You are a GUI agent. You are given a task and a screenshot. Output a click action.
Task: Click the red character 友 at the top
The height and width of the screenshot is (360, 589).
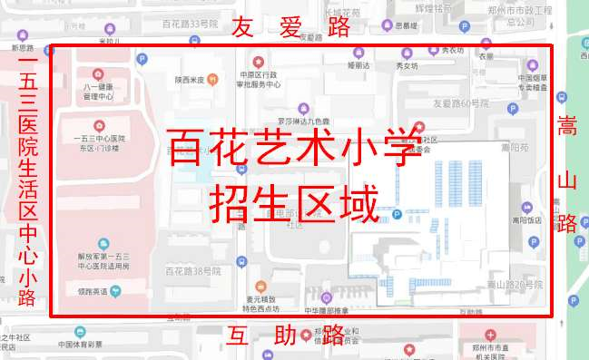pyautogui.click(x=243, y=27)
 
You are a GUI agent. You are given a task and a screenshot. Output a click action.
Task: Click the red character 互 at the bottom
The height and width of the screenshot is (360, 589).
pyautogui.click(x=241, y=336)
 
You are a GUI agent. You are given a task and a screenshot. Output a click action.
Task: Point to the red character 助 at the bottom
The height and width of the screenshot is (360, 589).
pyautogui.click(x=285, y=336)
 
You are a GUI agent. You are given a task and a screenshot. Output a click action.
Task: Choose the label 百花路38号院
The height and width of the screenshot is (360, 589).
pyautogui.click(x=191, y=271)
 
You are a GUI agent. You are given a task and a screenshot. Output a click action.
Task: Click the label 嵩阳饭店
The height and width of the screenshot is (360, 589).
pyautogui.click(x=527, y=219)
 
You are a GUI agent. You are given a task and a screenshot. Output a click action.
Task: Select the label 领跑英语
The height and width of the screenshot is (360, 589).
pyautogui.click(x=94, y=290)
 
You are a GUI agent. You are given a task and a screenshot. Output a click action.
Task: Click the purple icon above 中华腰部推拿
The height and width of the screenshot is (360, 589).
pyautogui.click(x=326, y=297)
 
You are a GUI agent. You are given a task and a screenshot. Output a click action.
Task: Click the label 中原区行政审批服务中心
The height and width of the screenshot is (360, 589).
pyautogui.click(x=260, y=79)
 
